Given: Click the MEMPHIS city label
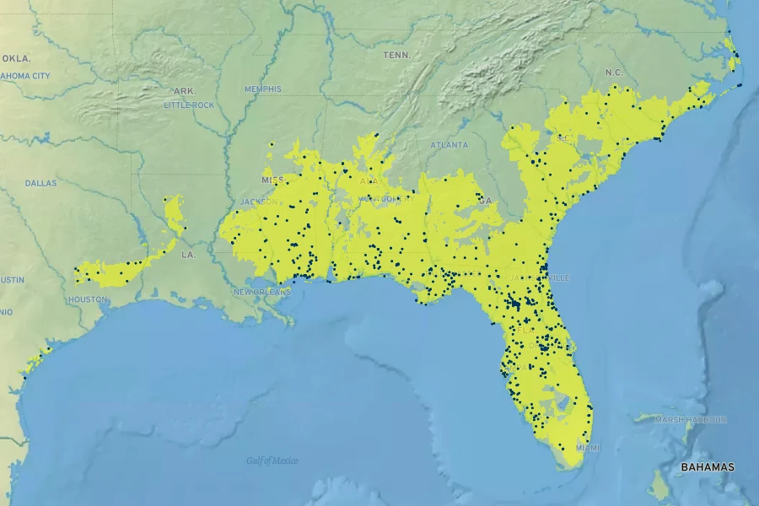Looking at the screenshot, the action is click(263, 89).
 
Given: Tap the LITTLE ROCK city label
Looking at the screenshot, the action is click(189, 105).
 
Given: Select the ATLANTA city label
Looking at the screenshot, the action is click(449, 145).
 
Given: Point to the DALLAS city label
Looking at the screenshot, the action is click(40, 182).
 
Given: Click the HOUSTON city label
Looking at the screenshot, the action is click(88, 299).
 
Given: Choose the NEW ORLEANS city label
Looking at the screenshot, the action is click(261, 292).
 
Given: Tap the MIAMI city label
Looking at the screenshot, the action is click(588, 447).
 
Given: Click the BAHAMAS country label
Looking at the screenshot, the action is click(708, 467).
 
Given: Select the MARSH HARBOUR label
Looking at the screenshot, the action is click(691, 420).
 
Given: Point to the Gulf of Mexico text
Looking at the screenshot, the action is click(272, 460).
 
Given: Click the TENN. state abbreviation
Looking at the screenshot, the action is click(396, 55).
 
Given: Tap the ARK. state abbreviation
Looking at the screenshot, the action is click(185, 90).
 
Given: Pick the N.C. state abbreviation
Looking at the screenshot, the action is click(614, 73).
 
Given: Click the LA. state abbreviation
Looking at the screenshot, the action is click(188, 254).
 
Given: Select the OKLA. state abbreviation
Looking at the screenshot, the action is click(16, 58).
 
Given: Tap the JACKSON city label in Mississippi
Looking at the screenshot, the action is click(258, 202).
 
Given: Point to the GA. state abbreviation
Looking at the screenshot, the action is click(484, 201).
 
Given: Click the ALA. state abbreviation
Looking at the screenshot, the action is click(369, 180).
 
